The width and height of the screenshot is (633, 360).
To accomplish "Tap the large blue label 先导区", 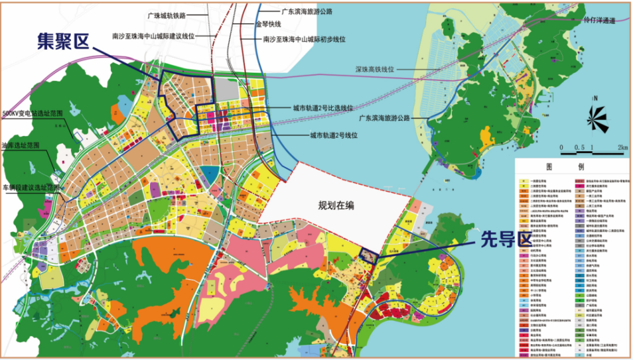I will click(497, 240).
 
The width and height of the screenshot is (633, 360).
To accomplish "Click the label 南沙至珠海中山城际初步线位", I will click(304, 39).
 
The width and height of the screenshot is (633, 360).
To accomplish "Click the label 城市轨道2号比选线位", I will click(323, 108).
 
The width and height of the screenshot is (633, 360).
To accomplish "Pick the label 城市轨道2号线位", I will click(334, 135).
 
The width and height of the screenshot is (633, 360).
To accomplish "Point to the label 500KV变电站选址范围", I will click(33, 113).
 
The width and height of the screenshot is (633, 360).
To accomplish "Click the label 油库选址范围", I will click(21, 145).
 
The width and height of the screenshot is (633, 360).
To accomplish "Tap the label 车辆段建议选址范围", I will click(32, 188).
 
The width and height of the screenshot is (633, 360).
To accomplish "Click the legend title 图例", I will click(572, 168).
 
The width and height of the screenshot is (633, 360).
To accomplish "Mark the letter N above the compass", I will click(596, 98).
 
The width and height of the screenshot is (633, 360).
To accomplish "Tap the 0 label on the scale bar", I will click(561, 147).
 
